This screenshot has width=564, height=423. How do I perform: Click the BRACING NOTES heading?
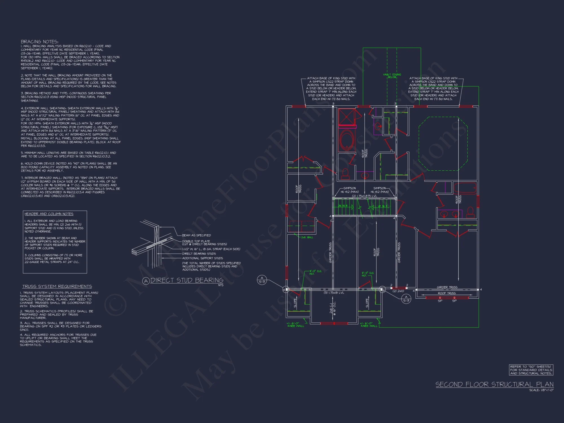click(39, 42)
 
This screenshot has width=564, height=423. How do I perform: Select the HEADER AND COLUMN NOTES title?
click(49, 214)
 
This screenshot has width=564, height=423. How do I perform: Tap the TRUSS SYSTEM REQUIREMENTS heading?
click(57, 287)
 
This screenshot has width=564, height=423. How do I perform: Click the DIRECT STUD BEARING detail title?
click(187, 280)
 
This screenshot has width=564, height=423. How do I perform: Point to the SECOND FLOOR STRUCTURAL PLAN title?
click(494, 385)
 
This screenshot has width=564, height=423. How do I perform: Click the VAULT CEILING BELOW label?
click(392, 76)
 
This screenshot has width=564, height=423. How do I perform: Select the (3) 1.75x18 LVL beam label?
click(334, 293)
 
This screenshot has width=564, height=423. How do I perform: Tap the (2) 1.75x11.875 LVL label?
click(364, 196)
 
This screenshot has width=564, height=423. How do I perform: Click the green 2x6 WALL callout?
click(307, 237)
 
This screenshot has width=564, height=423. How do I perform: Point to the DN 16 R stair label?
click(343, 206)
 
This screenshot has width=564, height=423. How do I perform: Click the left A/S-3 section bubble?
click(262, 280)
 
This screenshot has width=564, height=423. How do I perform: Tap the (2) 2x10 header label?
click(398, 291)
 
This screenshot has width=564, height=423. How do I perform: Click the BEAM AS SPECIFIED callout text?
click(196, 235)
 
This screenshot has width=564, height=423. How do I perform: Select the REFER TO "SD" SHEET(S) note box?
click(531, 370)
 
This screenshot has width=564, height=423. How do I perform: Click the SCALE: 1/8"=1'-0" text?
click(541, 390)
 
